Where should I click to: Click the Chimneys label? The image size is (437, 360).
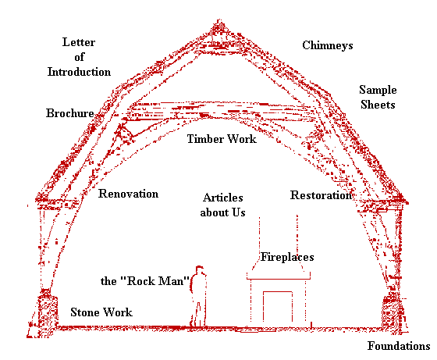coord(328,45)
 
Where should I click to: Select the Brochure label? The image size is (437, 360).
coord(70,113)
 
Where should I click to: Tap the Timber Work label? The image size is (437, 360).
coord(222,139)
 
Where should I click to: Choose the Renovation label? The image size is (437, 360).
coord(128,194)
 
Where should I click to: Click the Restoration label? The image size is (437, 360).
coord(321,195)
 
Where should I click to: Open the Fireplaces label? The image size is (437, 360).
coord(287,257)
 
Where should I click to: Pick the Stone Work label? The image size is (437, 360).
coord(101,312)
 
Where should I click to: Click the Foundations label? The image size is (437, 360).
coord(399,346)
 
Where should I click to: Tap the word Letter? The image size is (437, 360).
coord(79,42)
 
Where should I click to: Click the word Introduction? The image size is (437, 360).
coord(79,72)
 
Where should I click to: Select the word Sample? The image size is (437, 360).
coord(378,91)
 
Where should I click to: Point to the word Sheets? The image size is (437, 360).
coord(378,105)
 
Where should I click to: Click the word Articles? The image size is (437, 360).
coord(223,198)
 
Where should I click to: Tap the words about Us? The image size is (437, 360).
coord(222,212)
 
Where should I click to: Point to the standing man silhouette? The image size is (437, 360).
coord(198,297)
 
